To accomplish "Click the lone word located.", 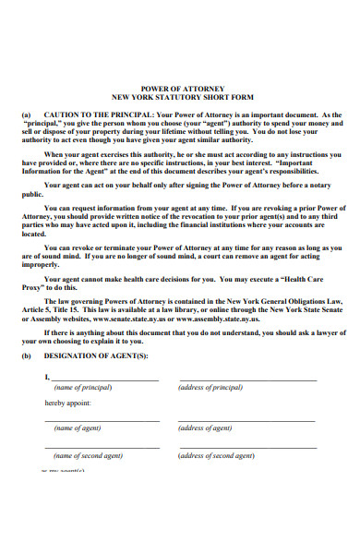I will pyautogui.click(x=32, y=235).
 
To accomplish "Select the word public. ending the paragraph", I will pyautogui.click(x=32, y=196).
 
